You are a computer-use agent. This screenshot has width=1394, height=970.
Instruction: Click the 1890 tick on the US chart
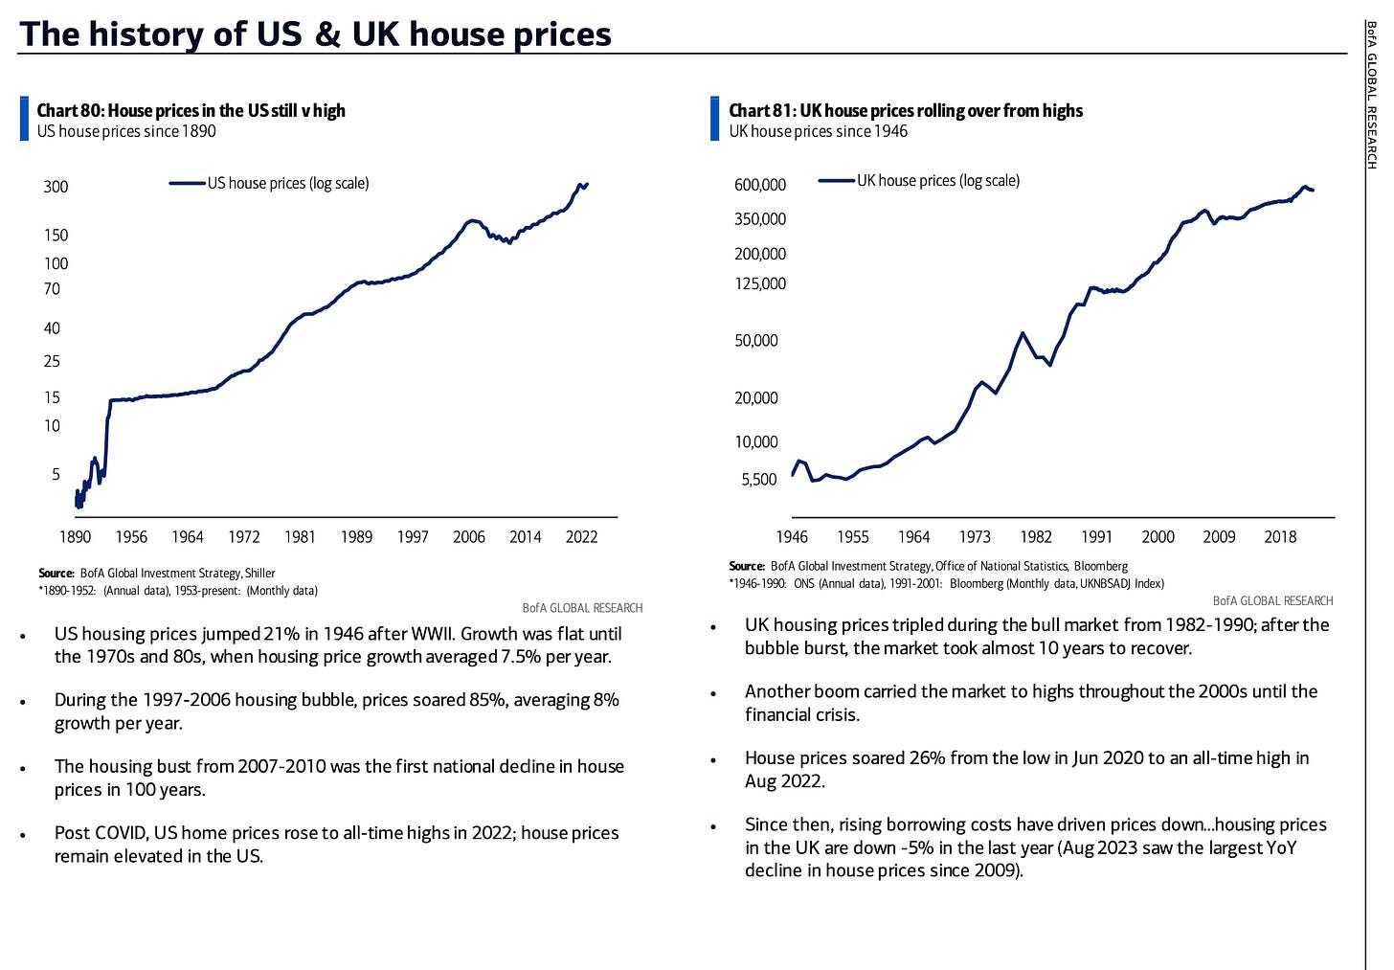(76, 537)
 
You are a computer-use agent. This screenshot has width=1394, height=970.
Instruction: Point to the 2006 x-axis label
(469, 537)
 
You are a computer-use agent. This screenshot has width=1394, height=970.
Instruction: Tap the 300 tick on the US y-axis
(56, 187)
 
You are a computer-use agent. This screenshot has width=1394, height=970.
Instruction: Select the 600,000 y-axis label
(760, 185)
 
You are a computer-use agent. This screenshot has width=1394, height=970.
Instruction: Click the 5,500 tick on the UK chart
(759, 479)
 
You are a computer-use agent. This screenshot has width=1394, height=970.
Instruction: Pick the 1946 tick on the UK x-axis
(792, 537)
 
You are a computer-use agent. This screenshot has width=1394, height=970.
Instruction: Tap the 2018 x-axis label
(1280, 537)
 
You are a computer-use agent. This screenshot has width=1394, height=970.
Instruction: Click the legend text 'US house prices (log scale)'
(288, 183)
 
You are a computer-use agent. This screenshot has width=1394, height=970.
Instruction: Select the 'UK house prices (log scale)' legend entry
(938, 180)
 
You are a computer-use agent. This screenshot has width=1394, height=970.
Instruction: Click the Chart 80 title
(191, 110)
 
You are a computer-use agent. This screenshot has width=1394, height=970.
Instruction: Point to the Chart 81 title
(905, 110)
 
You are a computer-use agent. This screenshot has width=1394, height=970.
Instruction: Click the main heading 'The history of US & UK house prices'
(315, 34)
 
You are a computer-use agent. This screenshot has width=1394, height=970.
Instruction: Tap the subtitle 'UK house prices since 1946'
(818, 131)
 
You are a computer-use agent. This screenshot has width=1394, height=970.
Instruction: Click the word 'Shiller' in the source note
(259, 574)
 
